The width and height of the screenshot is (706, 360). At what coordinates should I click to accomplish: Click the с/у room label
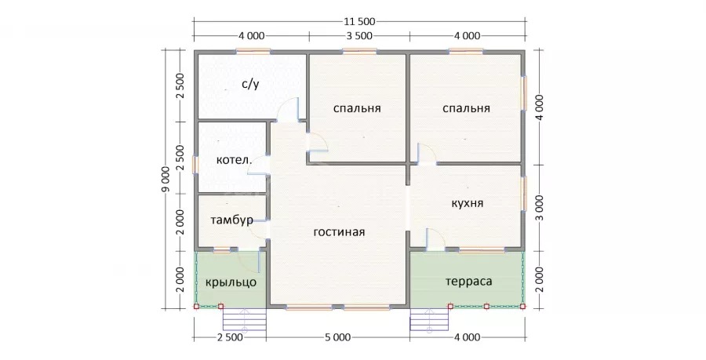250,84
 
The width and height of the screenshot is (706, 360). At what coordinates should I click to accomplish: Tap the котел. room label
233,160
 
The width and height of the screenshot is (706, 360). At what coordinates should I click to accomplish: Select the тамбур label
231,220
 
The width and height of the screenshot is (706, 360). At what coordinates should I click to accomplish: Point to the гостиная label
339,232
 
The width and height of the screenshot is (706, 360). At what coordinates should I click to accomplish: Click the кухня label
468,203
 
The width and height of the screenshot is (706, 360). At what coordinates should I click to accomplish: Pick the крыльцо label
231,282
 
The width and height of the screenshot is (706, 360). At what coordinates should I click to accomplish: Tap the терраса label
469,282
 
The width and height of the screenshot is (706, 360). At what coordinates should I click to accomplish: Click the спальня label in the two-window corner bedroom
466,108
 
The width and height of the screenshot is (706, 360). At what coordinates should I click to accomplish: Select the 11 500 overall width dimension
360,21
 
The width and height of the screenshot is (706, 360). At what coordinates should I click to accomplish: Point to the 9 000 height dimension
166,180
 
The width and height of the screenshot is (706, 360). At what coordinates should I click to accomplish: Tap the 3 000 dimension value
540,207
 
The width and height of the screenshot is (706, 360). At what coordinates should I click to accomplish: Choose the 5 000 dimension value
337,337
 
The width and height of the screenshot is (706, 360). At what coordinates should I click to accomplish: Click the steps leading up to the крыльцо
245,319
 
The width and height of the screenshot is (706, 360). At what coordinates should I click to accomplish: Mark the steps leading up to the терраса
430,319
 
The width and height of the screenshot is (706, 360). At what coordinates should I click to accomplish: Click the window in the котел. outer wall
195,164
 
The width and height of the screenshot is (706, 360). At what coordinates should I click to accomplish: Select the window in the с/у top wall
253,51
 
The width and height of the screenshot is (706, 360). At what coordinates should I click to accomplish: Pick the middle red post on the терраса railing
486,307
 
